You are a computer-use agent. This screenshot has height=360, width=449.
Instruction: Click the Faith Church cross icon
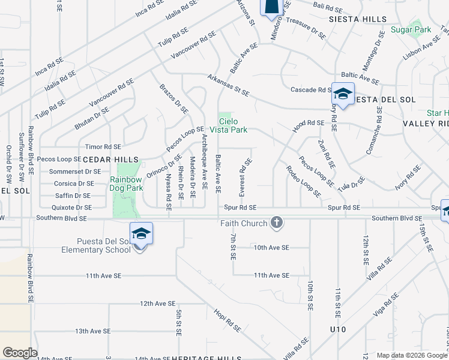[277, 223]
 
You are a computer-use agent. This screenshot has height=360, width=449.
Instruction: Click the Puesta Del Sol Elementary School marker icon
[140, 233]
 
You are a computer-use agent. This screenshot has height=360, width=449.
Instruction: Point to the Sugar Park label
[411, 29]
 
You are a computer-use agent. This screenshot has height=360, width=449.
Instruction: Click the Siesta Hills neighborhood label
[358, 19]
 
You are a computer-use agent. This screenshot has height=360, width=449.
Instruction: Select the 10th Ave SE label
[271, 247]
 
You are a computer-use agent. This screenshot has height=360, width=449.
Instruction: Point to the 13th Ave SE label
[93, 331]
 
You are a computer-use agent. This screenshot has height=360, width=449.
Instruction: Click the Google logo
[20, 353]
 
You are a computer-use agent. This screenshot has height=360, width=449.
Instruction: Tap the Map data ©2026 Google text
[411, 355]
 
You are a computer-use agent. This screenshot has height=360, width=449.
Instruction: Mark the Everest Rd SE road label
[243, 176]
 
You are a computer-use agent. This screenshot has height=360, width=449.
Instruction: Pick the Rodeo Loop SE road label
[303, 182]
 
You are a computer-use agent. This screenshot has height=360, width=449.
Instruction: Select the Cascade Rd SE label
[312, 90]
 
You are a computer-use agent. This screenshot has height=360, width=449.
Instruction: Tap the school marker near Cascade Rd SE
[343, 94]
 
